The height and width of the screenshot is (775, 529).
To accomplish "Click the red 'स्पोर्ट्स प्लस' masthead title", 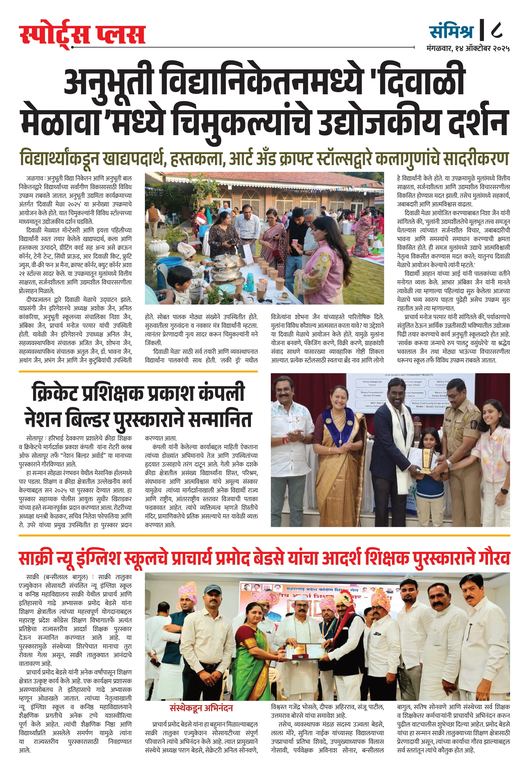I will point(82,35).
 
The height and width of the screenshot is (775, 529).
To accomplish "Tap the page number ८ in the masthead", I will point(497,31).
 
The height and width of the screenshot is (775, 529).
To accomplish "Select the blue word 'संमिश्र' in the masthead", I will point(451,31).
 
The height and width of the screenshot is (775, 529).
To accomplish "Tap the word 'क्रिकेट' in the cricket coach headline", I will point(55,394).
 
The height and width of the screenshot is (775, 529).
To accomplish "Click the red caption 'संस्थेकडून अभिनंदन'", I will point(201,708).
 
